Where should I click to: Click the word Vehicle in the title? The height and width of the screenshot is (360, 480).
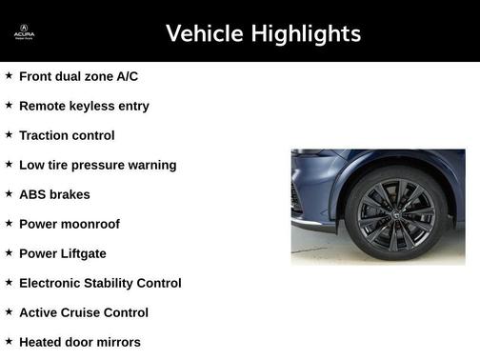click(x=204, y=33)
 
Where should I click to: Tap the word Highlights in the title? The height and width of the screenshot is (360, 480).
click(x=305, y=33)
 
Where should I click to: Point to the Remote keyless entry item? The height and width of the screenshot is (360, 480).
click(x=84, y=106)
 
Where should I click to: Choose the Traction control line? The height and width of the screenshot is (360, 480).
click(x=67, y=135)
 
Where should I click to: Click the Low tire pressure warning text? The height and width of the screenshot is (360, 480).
click(x=97, y=165)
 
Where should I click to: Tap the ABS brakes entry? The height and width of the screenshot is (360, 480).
click(x=54, y=194)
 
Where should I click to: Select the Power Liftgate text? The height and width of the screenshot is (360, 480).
click(x=63, y=253)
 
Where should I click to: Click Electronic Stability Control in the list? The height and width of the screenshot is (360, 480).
click(x=100, y=283)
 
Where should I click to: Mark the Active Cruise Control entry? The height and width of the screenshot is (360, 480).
click(x=84, y=312)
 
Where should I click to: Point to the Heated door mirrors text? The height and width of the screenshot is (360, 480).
click(x=80, y=342)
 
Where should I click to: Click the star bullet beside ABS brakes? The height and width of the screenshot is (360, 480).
click(x=9, y=193)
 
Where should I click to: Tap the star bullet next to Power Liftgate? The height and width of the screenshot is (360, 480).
click(x=9, y=252)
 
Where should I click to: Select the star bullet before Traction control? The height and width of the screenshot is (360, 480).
click(x=9, y=134)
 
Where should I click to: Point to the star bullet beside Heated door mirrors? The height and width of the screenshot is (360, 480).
click(x=9, y=341)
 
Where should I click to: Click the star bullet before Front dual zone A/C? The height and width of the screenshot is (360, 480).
click(x=9, y=75)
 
